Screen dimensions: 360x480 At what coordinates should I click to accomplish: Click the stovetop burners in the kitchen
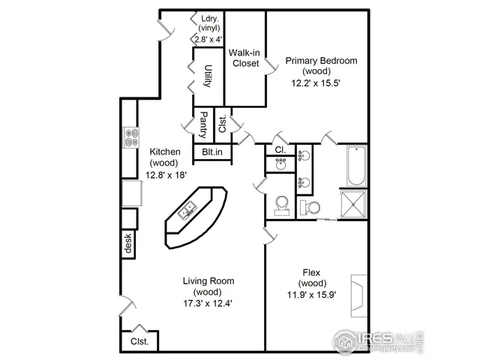(131, 138)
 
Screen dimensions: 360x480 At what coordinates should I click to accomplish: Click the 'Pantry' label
(202, 125)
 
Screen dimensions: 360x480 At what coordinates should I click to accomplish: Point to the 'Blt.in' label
(212, 152)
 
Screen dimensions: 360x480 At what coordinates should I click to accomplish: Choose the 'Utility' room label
(208, 77)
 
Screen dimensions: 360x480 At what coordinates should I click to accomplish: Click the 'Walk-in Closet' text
(244, 58)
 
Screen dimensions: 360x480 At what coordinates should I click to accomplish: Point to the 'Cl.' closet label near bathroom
(279, 150)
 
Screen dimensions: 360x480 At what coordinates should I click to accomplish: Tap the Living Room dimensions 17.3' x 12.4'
(208, 304)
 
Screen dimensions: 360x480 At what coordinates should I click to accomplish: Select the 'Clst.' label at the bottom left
(139, 341)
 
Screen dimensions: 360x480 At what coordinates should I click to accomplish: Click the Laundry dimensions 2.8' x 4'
(208, 39)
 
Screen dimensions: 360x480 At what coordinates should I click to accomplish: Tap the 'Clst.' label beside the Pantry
(223, 124)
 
